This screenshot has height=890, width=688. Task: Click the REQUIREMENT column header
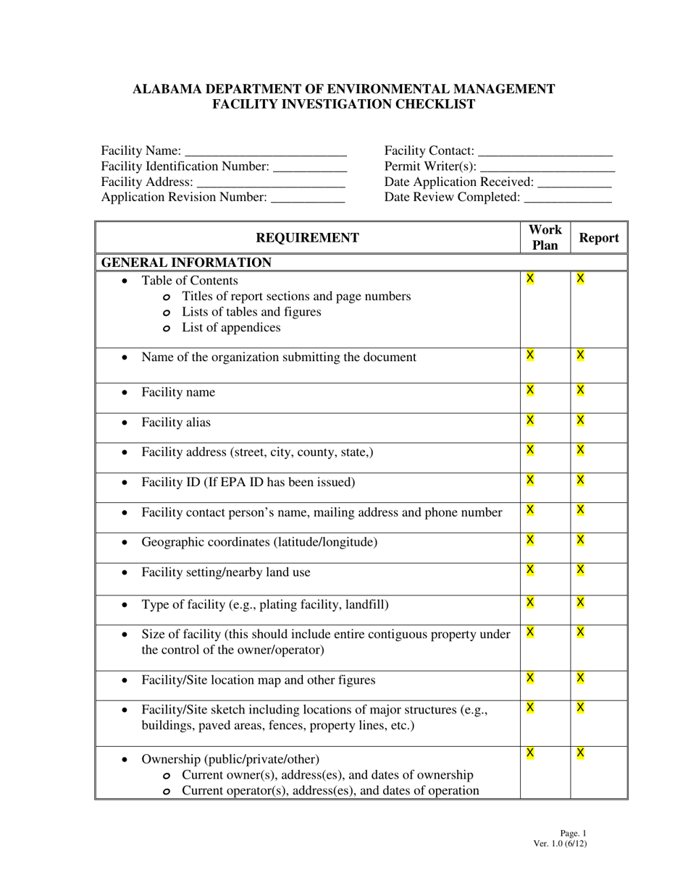307,238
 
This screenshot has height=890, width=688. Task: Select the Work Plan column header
545,237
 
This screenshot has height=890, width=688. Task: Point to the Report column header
599,238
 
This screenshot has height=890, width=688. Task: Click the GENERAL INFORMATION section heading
186,263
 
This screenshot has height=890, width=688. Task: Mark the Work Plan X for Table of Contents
530,279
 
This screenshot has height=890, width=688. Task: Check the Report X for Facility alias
580,420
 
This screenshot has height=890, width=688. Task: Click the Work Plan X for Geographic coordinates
530,540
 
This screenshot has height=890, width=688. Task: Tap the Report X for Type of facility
580,603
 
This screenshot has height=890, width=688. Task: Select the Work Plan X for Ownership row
530,753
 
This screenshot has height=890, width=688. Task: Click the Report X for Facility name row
580,390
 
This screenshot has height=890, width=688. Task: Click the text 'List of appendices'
230,328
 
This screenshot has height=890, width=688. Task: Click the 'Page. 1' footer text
573,834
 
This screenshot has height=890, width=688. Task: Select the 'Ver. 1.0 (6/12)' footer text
560,843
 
